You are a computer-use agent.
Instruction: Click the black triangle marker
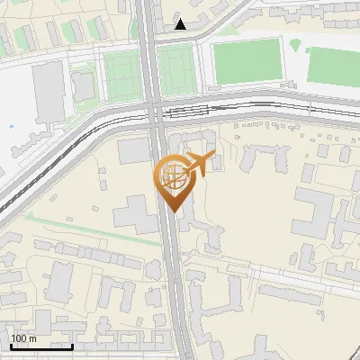coord(181,24)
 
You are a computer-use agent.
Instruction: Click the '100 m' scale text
coord(23,338)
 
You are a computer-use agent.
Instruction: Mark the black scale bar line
coord(41,346)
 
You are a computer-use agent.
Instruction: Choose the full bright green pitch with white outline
coord(247,61)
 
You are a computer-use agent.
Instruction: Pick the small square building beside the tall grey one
coord(83,86)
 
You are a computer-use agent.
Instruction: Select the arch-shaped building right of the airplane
coord(256,157)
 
